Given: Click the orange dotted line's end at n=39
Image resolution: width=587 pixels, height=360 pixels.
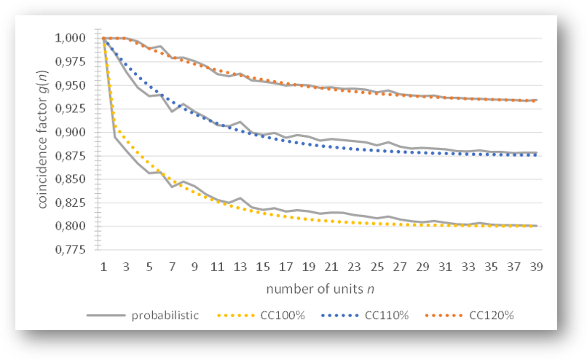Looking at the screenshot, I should pyautogui.click(x=537, y=101).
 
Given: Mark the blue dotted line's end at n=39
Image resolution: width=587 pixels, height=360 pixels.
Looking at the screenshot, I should pyautogui.click(x=537, y=154).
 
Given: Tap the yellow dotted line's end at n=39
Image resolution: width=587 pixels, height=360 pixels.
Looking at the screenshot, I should pyautogui.click(x=537, y=226).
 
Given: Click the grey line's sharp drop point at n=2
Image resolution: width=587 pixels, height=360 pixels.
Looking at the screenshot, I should pyautogui.click(x=115, y=137).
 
